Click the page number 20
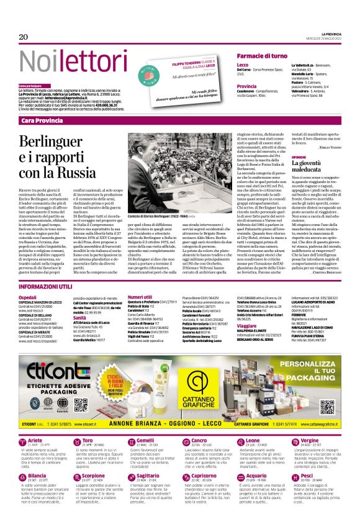coord(24,37)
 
